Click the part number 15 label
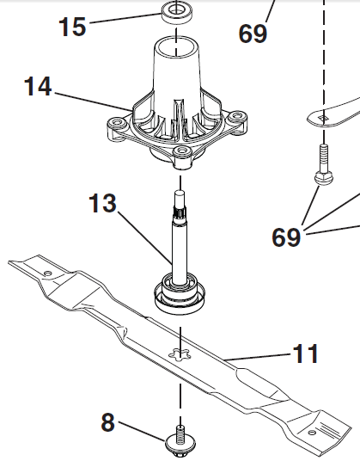coord(72,27)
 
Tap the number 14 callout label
coord(38,86)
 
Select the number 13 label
coord(102,203)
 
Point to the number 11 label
coord(305,353)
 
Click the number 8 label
coord(107,422)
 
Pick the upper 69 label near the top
coord(253,34)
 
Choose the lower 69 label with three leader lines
coord(286,237)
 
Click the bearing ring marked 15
coord(176,13)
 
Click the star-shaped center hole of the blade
coord(180,354)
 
